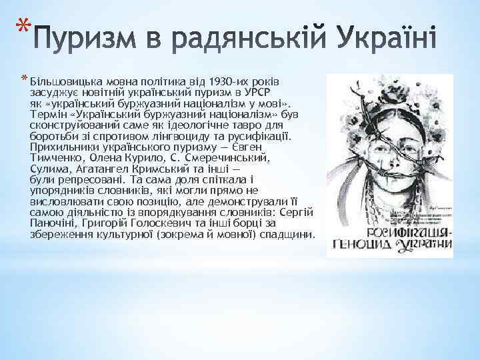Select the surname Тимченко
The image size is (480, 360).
click(57, 157)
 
